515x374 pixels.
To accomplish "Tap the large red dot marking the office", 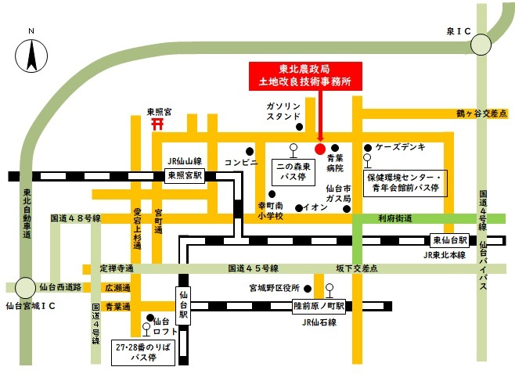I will (x=319, y=148).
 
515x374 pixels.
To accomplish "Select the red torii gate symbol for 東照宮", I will (x=157, y=123).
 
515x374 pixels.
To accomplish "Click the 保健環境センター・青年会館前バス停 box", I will (x=404, y=182).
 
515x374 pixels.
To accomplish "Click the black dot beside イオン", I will (x=298, y=207).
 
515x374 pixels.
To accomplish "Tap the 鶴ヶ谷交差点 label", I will (x=482, y=113).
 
